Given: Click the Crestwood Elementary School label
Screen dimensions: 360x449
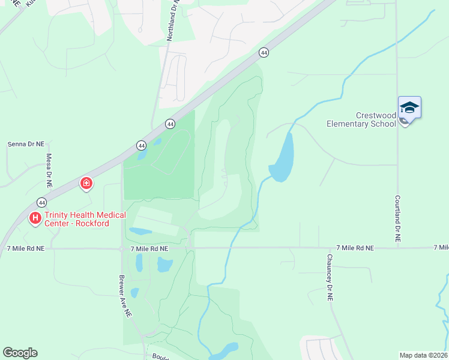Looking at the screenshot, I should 361,119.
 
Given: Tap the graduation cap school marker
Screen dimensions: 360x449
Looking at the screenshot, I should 409,108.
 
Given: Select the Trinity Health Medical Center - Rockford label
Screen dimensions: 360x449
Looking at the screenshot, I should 86,220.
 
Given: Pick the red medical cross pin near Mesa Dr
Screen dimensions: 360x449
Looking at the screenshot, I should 86,183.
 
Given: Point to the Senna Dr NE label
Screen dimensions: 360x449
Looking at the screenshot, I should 26,145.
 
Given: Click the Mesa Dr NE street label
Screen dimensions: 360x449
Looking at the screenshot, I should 49,171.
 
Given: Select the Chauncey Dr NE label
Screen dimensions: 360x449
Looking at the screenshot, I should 330,277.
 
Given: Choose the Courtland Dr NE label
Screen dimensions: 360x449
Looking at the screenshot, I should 397,218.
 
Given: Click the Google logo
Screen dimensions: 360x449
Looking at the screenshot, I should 20,353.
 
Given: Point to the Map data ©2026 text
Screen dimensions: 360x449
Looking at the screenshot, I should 424,355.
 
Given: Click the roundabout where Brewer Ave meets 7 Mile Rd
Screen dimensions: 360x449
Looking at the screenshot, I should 121,248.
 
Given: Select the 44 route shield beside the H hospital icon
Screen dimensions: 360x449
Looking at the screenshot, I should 41,202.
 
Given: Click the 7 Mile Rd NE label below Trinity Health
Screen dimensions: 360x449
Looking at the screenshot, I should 25,248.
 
